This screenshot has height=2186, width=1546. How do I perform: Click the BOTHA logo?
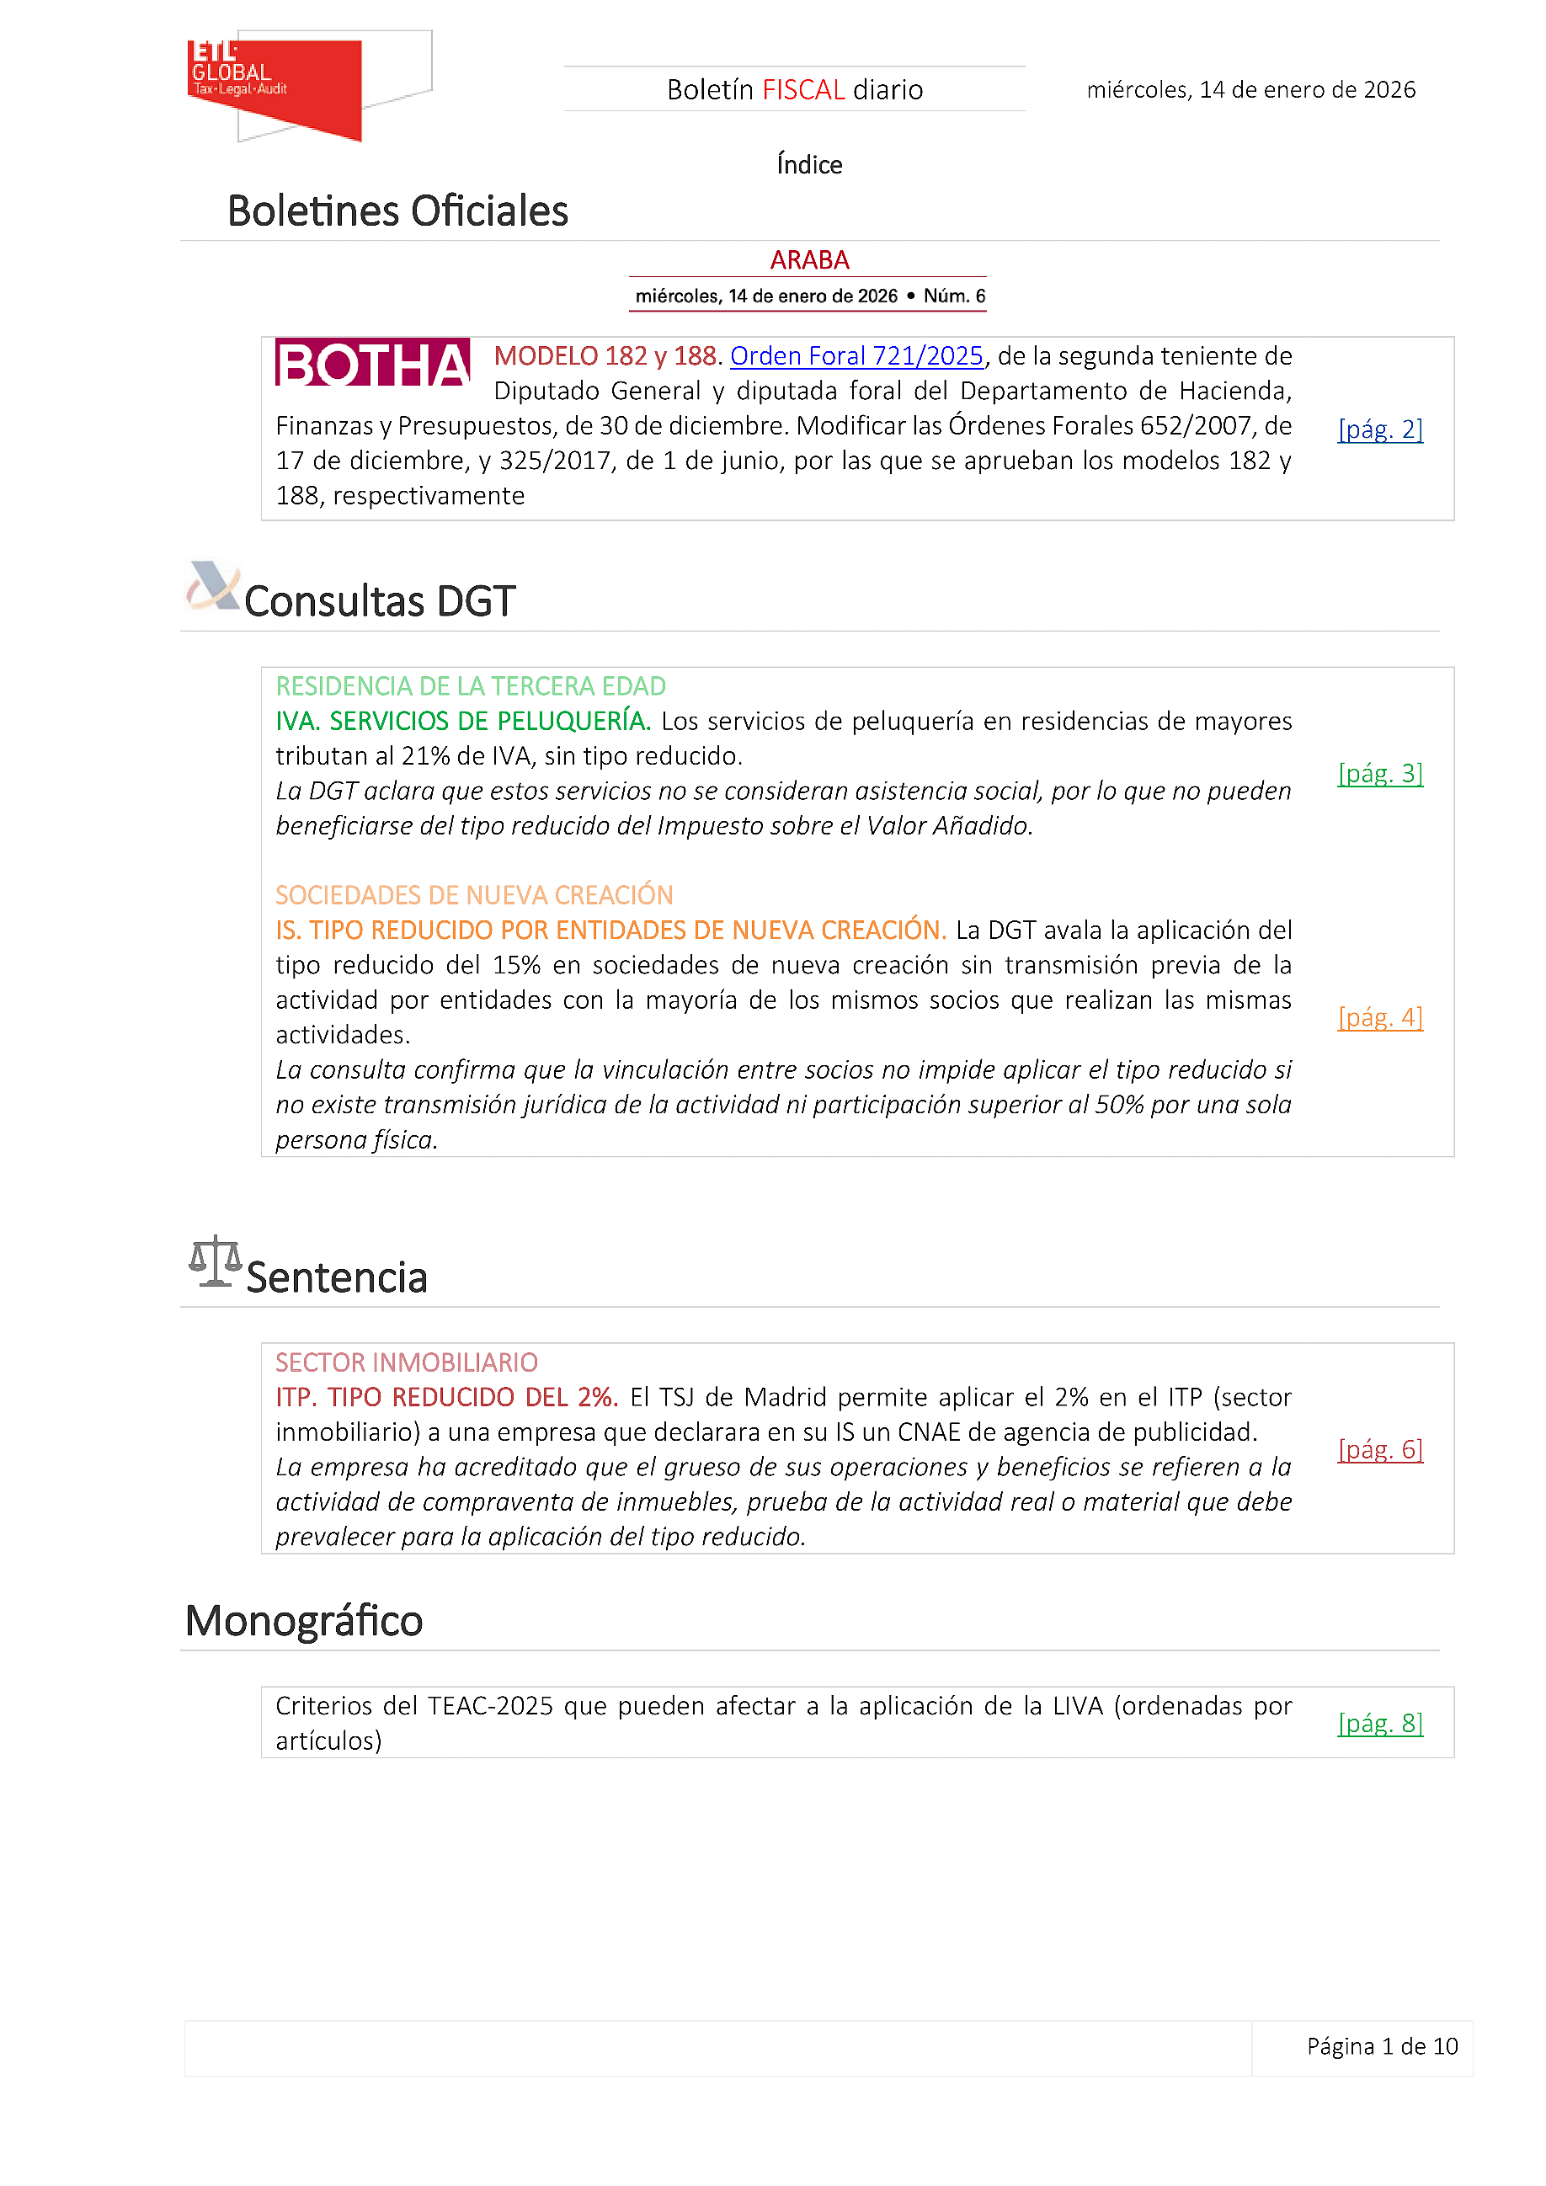click(x=372, y=363)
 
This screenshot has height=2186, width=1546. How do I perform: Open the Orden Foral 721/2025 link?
click(x=856, y=356)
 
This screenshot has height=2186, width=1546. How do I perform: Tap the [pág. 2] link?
click(x=1379, y=429)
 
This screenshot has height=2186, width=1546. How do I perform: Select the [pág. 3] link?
click(x=1379, y=773)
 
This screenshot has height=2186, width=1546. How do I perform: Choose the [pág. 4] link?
click(x=1379, y=1017)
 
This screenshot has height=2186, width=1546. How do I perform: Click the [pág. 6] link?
click(x=1379, y=1449)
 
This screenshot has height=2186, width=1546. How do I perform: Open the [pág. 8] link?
click(x=1379, y=1723)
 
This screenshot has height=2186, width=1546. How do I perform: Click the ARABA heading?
click(x=809, y=260)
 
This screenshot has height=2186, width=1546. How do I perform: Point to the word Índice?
click(x=809, y=165)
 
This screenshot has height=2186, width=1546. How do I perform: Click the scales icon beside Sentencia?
click(x=216, y=1261)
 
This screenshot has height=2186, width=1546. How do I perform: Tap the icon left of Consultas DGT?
click(x=213, y=585)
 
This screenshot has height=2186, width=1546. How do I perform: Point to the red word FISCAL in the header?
click(x=803, y=89)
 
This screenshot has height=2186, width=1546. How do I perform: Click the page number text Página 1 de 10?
click(x=1381, y=2046)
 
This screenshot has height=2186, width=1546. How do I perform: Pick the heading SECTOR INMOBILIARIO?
click(x=407, y=1362)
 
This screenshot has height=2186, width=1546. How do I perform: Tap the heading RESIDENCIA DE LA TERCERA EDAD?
click(x=470, y=686)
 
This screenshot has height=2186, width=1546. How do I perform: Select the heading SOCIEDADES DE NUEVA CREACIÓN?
click(x=474, y=895)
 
